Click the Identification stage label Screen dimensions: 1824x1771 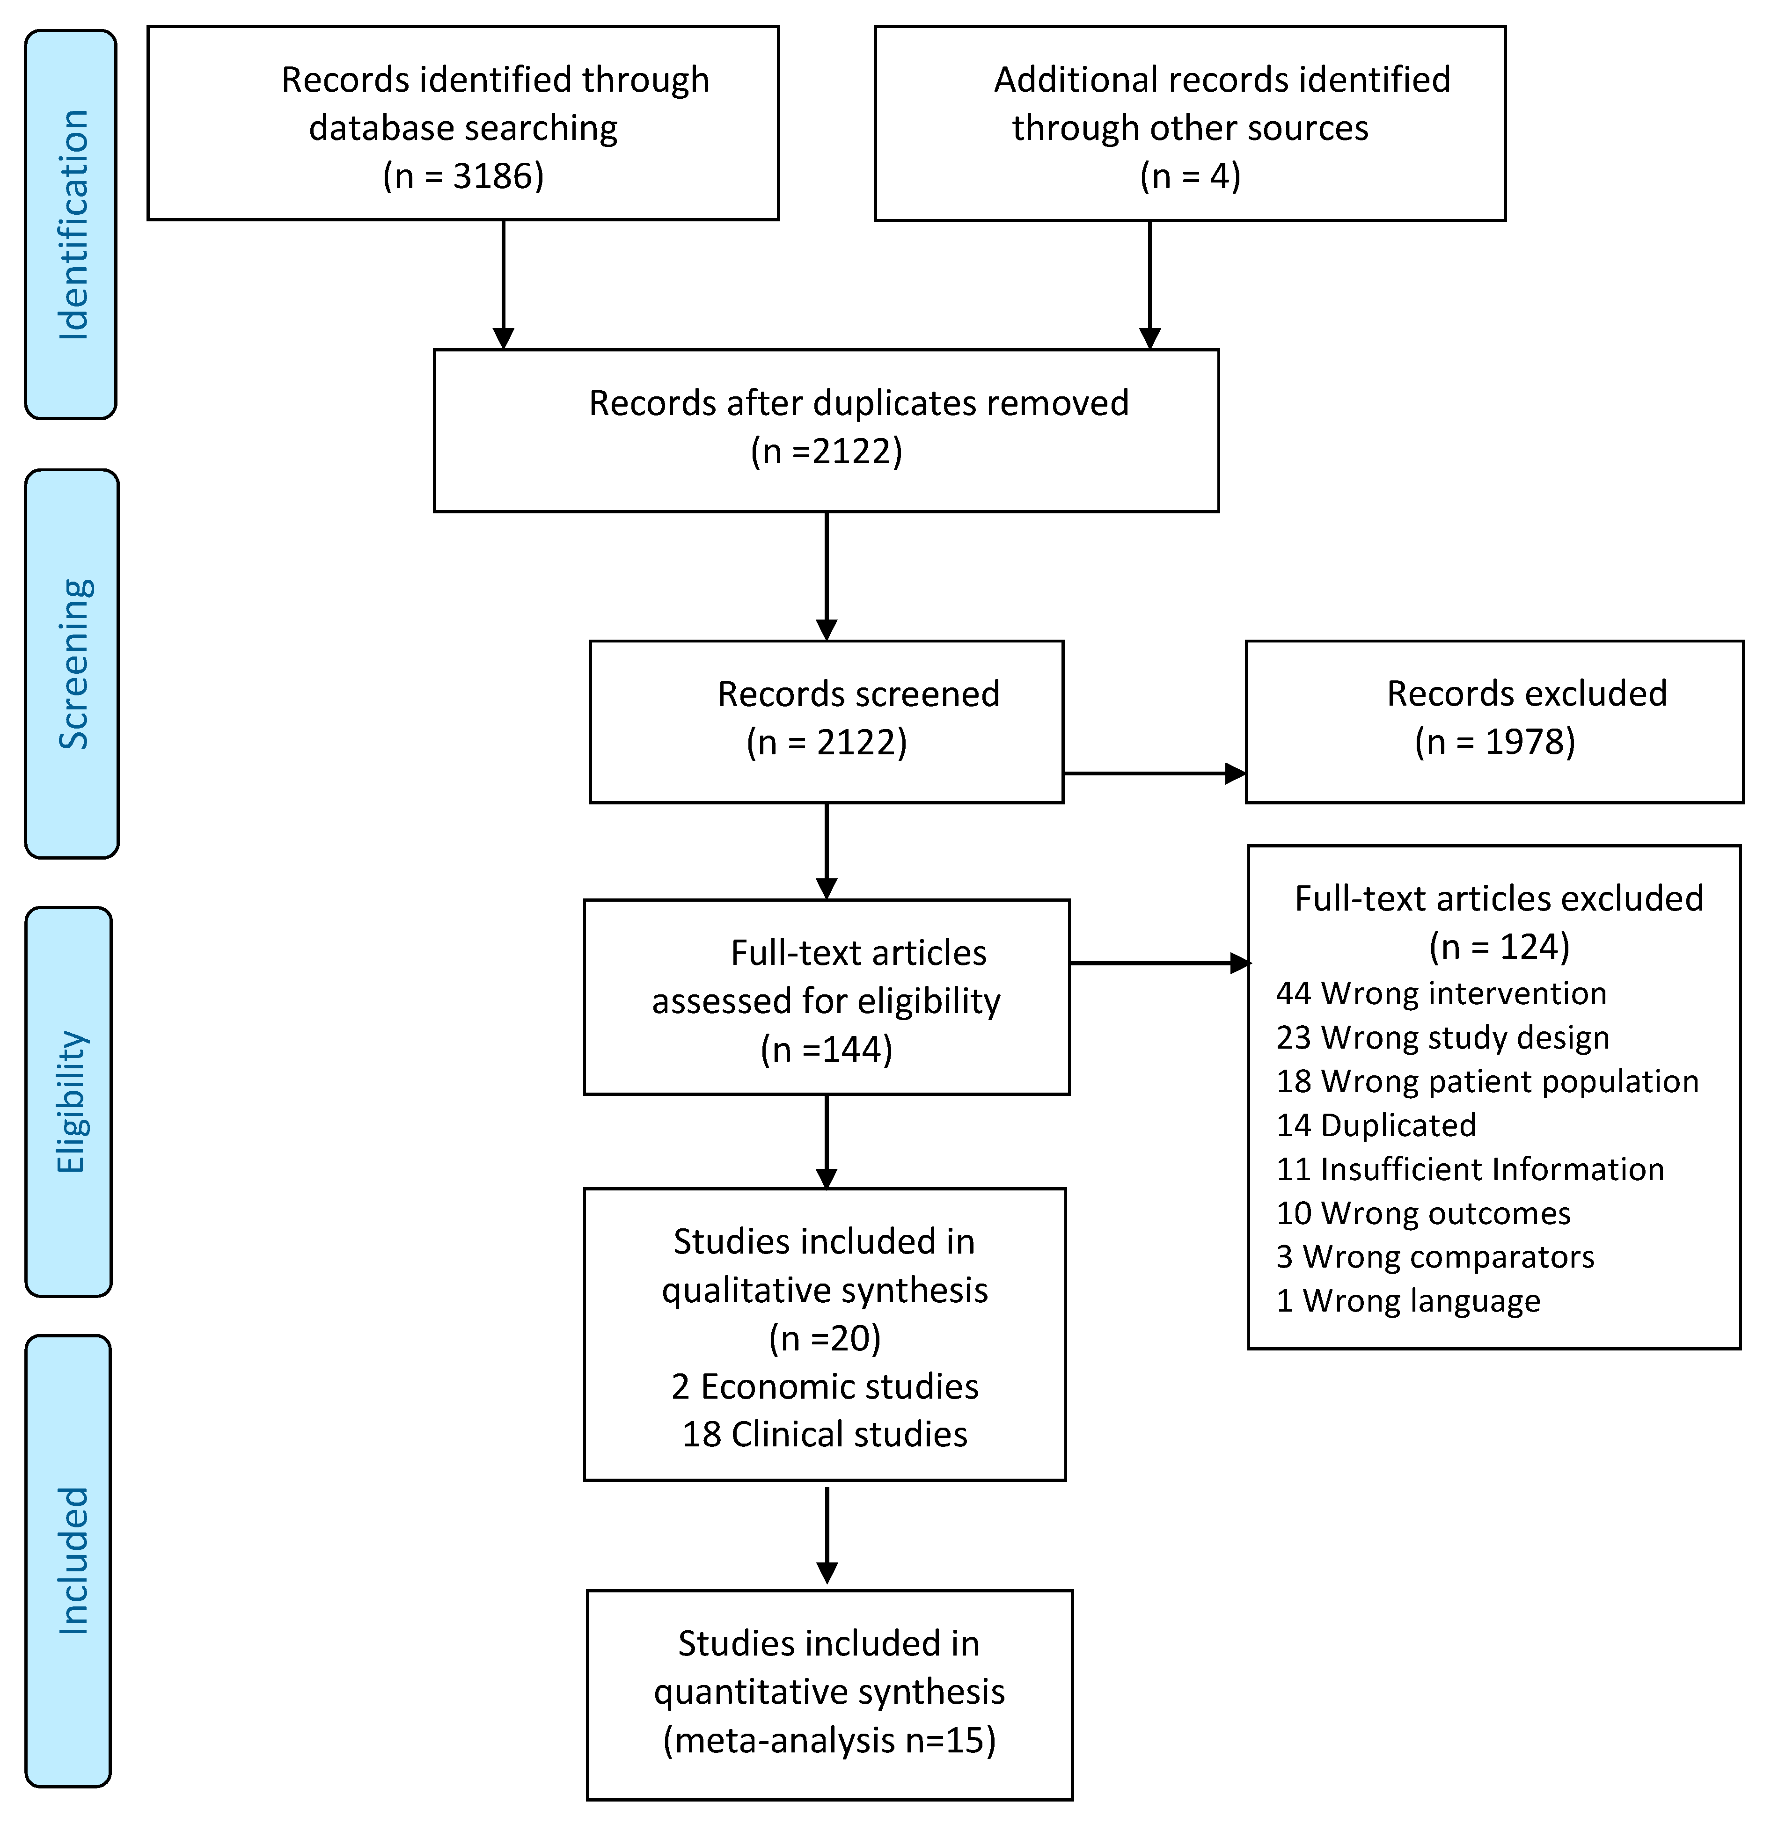coord(73,224)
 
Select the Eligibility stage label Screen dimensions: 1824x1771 coord(71,1102)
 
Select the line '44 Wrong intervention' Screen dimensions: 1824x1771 coord(1441,993)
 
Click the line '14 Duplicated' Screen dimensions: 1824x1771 coord(1376,1125)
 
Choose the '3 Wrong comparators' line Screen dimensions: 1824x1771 coord(1435,1256)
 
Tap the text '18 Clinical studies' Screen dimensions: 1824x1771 coord(825,1434)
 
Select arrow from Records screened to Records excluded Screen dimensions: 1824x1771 coord(1154,773)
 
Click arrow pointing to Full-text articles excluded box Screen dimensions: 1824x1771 coord(1159,963)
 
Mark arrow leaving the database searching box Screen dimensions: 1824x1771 coord(504,284)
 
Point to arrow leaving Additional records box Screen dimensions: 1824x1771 coord(1150,284)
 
